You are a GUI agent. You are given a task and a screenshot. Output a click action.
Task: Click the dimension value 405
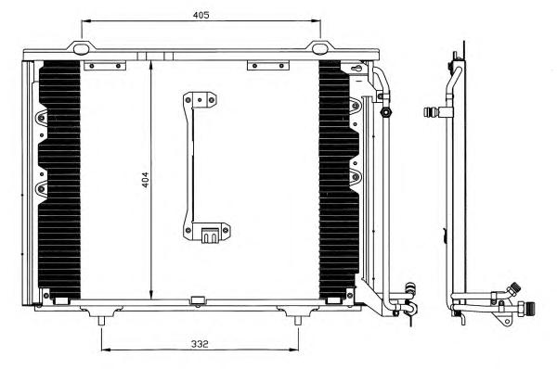(x=201, y=15)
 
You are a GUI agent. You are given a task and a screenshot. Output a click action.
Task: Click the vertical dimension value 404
(x=146, y=180)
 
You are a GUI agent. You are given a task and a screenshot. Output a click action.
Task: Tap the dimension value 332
(x=200, y=344)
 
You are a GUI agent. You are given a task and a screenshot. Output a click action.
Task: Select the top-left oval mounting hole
(x=81, y=49)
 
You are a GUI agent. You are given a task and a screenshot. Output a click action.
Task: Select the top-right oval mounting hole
(x=319, y=49)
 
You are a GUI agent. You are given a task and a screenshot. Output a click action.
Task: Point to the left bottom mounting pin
(x=101, y=321)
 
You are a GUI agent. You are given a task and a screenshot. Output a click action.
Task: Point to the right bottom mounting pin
(x=298, y=321)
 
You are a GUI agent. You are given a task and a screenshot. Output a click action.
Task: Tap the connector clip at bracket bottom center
(x=209, y=235)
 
